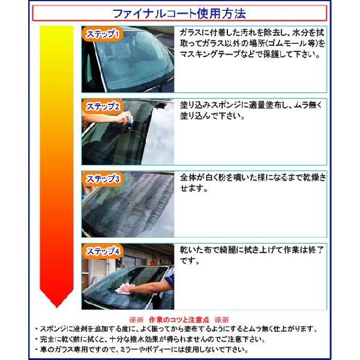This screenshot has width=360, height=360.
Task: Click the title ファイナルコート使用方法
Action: pyautogui.click(x=179, y=14)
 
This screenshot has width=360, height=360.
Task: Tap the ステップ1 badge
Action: pyautogui.click(x=103, y=34)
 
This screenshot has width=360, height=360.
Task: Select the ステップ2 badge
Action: pyautogui.click(x=103, y=107)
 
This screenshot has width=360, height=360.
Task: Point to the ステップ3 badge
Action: pyautogui.click(x=103, y=179)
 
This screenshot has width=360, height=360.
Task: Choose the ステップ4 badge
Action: pyautogui.click(x=103, y=251)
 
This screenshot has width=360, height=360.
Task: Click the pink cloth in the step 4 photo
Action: pyautogui.click(x=123, y=289)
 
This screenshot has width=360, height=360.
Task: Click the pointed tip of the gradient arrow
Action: pyautogui.click(x=57, y=307)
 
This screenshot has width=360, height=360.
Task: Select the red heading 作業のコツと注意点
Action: pyautogui.click(x=179, y=320)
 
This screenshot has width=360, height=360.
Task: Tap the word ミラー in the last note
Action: pyautogui.click(x=144, y=350)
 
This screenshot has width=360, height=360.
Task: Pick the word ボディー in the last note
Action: pyautogui.click(x=172, y=350)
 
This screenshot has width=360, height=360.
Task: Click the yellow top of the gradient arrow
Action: pyautogui.click(x=57, y=32)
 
